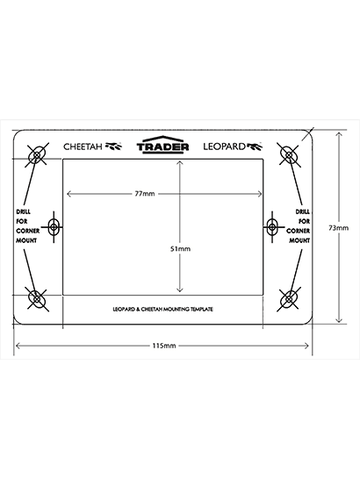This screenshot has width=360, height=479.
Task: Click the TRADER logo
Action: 162,145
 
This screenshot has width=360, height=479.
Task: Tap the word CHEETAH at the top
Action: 83,147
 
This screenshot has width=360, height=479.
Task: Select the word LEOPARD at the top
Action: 224,147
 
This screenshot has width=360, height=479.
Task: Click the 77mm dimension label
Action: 145,194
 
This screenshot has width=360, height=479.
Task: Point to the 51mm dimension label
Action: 180,249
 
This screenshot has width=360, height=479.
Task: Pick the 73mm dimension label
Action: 338,228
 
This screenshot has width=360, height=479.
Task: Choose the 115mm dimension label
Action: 164,346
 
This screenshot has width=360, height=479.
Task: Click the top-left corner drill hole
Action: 37,155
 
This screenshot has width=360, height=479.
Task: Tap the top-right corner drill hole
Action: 289,155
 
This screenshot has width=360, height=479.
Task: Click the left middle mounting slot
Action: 54,227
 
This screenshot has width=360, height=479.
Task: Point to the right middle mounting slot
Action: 271,227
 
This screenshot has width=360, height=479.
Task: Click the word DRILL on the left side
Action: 23,211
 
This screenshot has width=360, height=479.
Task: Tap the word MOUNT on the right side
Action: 299,240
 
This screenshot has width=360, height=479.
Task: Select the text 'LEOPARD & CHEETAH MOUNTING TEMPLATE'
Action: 162,310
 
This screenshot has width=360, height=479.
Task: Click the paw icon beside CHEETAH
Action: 113,147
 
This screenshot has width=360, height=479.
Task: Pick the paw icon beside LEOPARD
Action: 254,147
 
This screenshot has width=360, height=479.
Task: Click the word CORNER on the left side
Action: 28,231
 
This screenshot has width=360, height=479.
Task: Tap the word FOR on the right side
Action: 305,221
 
